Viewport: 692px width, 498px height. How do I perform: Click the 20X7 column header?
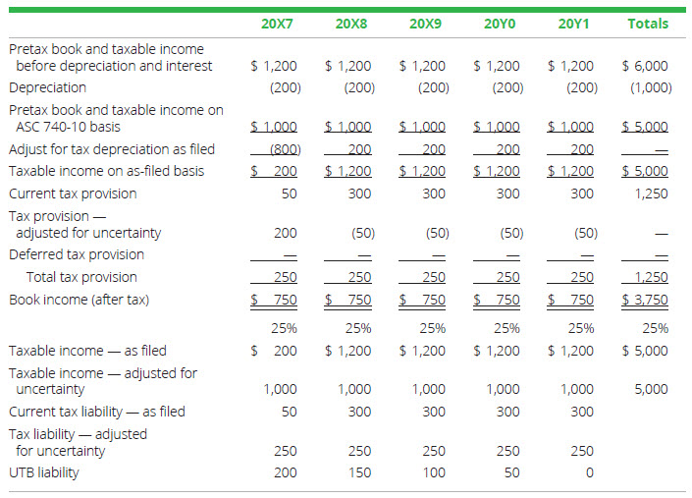point(276,23)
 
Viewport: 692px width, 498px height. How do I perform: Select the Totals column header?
point(647,23)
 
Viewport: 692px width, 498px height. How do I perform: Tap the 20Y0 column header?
point(499,23)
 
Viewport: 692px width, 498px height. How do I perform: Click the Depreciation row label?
point(47,87)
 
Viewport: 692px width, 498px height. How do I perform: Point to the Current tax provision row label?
point(73,194)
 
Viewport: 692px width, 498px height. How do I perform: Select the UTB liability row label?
point(44,472)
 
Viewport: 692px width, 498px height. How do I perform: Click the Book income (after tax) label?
point(79,300)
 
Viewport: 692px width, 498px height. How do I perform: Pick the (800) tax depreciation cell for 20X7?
point(284,149)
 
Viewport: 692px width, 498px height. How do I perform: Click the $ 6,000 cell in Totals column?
point(645,66)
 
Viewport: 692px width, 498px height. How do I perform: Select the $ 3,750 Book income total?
point(645,300)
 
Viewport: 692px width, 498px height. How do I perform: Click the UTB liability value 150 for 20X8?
point(359,472)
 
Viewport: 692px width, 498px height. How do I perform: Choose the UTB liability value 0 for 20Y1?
point(588,472)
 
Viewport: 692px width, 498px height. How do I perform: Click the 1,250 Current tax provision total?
point(650,194)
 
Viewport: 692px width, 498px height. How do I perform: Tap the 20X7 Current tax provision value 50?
point(289,194)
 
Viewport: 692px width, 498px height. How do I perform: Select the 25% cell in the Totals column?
point(656,328)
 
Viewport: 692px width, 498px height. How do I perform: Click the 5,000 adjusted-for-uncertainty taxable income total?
point(650,389)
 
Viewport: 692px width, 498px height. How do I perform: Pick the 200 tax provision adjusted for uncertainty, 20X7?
point(286,233)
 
